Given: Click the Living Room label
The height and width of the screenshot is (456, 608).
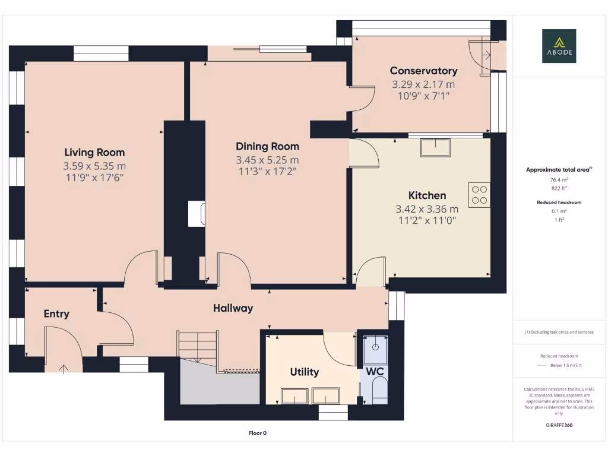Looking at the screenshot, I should click(94, 153).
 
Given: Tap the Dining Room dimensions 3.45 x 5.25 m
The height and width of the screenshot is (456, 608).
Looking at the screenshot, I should click(267, 160).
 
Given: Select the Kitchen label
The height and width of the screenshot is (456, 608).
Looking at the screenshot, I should click(427, 195).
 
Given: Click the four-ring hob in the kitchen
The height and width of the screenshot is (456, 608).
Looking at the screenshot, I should click(479, 195).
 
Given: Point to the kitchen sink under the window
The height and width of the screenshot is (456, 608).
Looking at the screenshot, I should click(435, 147).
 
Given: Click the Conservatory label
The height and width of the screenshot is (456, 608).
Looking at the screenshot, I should click(423, 71).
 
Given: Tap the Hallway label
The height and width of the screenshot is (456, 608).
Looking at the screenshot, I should click(233, 308).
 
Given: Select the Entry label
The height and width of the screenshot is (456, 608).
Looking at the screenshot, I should click(56, 314).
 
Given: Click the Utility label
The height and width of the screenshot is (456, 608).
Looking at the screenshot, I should click(304, 372).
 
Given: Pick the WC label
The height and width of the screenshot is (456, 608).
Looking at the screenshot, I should click(374, 372).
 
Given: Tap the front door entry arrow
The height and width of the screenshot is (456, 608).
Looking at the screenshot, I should click(64, 369).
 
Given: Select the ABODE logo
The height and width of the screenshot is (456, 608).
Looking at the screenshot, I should click(559, 46).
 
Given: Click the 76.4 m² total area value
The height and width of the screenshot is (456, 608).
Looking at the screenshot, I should click(559, 179).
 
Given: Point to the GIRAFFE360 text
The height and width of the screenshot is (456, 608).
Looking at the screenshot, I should click(559, 425).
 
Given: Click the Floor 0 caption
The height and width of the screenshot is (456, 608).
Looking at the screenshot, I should click(257, 433).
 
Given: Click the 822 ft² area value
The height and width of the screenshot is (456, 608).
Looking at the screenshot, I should click(559, 188).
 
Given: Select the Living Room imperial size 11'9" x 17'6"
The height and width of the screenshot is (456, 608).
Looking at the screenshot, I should click(94, 177).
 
